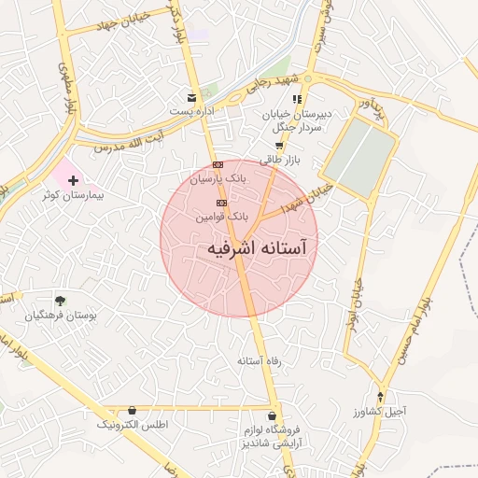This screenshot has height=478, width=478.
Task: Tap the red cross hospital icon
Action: (73, 178)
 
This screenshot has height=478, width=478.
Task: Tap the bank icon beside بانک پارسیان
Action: (218, 164)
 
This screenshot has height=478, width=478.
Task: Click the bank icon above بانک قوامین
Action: (221, 203)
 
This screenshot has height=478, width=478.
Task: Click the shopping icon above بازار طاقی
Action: (278, 146)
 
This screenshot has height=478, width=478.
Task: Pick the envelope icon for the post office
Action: (192, 98)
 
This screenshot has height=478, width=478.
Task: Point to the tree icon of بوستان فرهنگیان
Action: (60, 301)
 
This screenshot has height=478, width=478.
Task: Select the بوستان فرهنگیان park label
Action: (60, 316)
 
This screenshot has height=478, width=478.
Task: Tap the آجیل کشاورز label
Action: (380, 411)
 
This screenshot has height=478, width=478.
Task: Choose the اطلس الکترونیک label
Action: (132, 425)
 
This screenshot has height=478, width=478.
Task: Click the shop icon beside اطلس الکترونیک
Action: (132, 411)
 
